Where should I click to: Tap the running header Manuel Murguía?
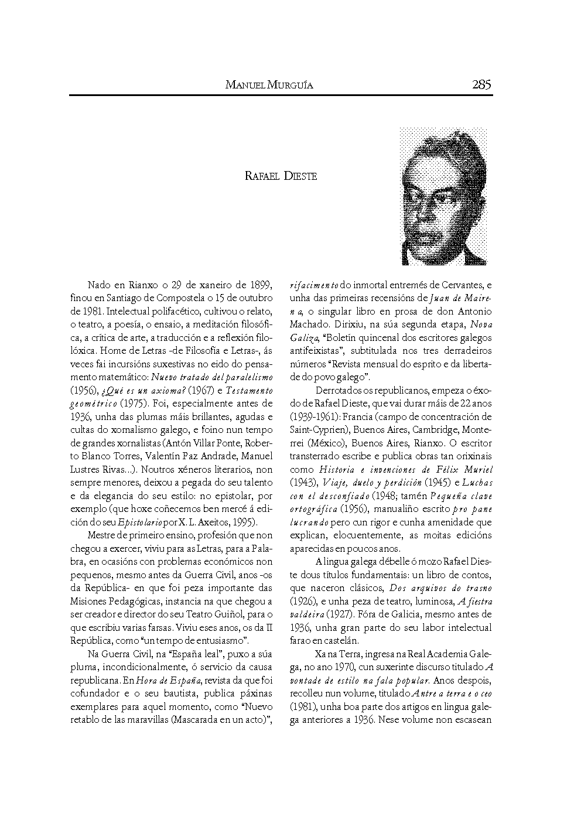click(269, 86)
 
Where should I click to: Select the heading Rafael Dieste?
click(281, 176)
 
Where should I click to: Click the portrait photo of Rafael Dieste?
click(443, 196)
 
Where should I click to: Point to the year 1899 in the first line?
click(260, 285)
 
